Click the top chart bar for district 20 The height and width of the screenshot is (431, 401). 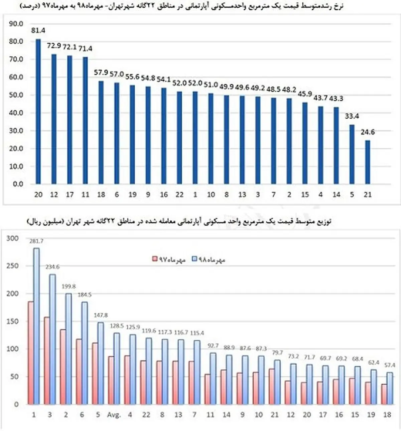tap(38, 112)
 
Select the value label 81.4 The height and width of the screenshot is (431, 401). tap(38, 30)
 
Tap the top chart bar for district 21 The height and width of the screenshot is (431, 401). tap(368, 162)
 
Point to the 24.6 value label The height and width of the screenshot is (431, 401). tap(368, 132)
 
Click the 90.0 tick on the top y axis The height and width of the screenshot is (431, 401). tap(16, 24)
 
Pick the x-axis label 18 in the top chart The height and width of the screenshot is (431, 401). tap(101, 194)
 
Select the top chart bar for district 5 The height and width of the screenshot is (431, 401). tap(352, 154)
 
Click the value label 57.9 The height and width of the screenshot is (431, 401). tap(101, 72)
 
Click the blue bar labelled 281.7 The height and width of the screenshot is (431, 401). tap(36, 326)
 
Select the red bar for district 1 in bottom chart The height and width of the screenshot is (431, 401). tap(31, 353)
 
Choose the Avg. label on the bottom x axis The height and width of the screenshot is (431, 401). tap(114, 415)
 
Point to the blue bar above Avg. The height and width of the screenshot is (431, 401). tap(117, 368)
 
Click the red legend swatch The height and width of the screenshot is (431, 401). tap(155, 259)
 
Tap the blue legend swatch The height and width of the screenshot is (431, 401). tap(195, 259)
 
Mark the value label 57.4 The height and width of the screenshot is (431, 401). tap(390, 365)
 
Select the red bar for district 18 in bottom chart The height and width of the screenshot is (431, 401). tap(384, 394)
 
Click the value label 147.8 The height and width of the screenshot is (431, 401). tap(101, 315)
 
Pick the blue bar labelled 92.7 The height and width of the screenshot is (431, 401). tap(213, 378)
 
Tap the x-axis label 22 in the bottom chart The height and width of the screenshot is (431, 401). tap(146, 415)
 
